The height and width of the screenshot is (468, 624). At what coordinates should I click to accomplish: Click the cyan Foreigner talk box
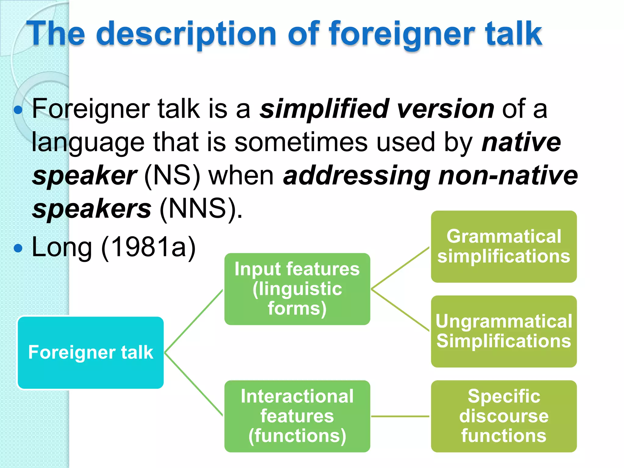pyautogui.click(x=90, y=353)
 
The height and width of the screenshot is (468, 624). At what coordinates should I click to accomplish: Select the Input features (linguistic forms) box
pyautogui.click(x=297, y=289)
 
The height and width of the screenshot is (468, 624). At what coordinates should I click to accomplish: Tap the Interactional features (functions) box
pyautogui.click(x=297, y=416)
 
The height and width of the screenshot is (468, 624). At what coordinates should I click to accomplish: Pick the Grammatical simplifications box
pyautogui.click(x=504, y=246)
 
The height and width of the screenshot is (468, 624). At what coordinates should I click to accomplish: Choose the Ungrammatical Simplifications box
pyautogui.click(x=504, y=331)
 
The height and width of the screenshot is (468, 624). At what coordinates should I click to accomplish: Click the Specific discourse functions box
pyautogui.click(x=504, y=416)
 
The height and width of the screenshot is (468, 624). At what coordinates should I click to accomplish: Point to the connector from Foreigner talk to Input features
pyautogui.click(x=194, y=321)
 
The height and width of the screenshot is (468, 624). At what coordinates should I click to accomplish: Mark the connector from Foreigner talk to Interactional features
pyautogui.click(x=194, y=384)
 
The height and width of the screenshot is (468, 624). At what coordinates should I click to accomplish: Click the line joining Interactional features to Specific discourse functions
pyautogui.click(x=400, y=416)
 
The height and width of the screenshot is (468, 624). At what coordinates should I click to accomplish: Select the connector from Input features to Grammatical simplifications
pyautogui.click(x=400, y=268)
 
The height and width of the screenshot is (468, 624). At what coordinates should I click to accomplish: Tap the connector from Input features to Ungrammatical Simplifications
pyautogui.click(x=400, y=310)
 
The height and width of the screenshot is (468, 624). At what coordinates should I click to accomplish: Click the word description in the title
pyautogui.click(x=186, y=34)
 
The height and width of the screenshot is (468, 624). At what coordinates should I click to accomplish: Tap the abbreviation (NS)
pyautogui.click(x=172, y=175)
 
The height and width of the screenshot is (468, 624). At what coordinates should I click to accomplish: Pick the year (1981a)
pyautogui.click(x=148, y=247)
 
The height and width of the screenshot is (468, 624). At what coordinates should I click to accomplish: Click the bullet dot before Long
pyautogui.click(x=18, y=248)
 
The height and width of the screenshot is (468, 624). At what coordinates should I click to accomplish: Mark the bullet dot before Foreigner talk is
pyautogui.click(x=18, y=110)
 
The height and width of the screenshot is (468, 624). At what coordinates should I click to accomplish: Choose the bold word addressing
pyautogui.click(x=356, y=175)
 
